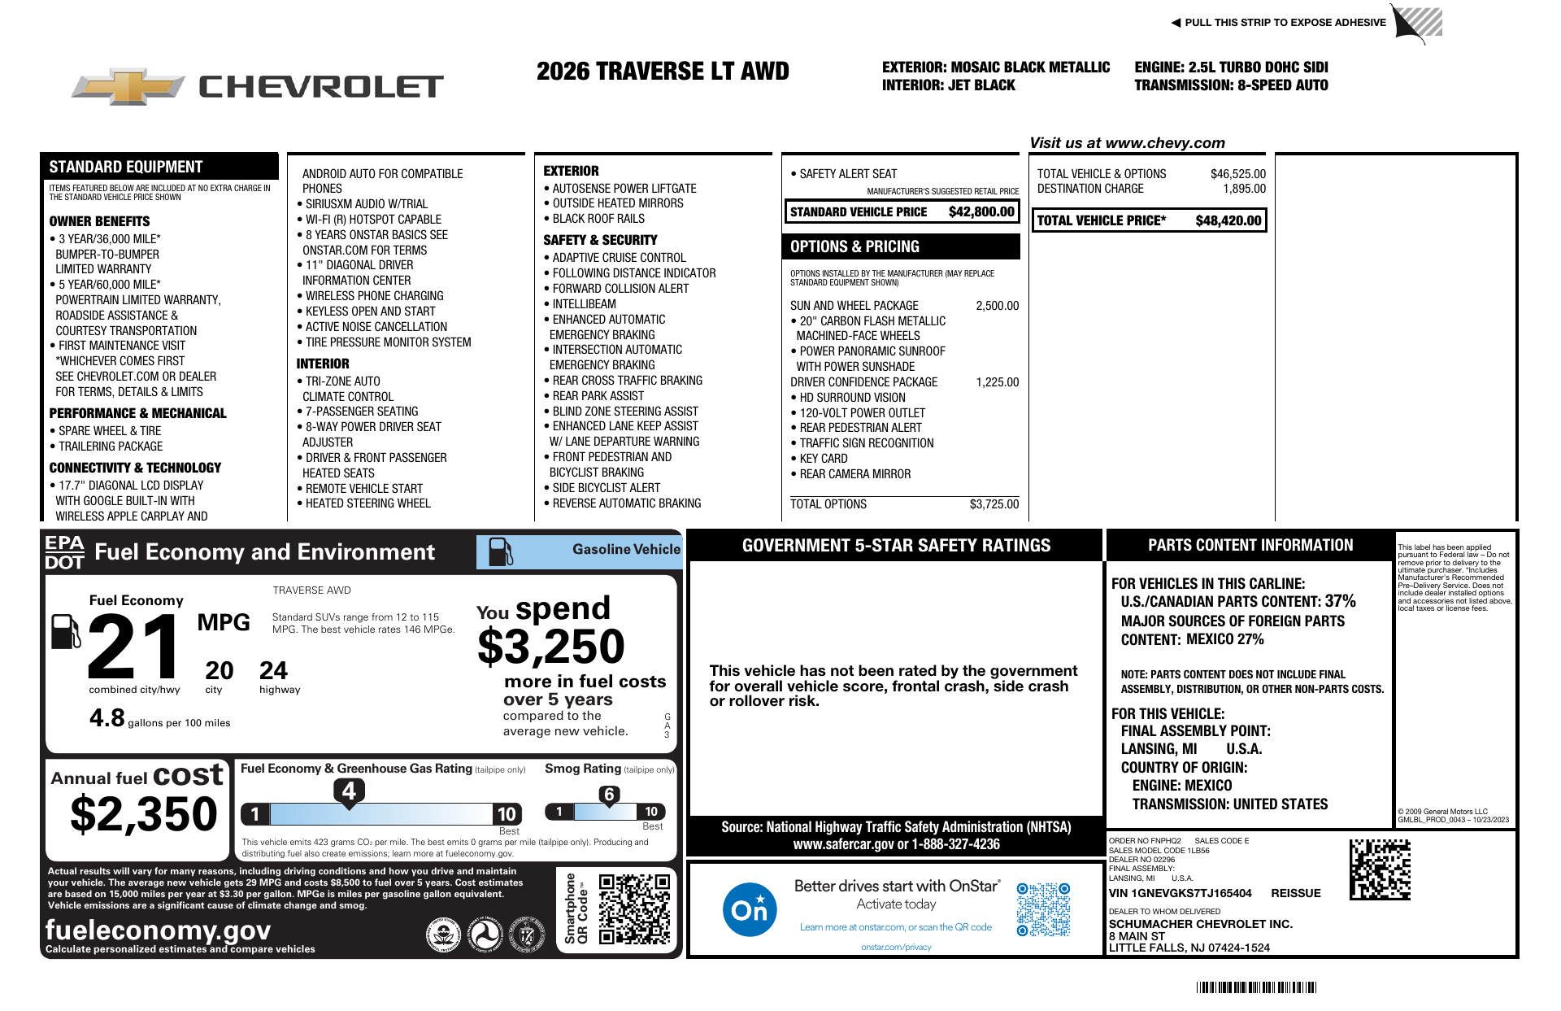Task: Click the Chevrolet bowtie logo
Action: click(x=128, y=86)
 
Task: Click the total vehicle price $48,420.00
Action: click(x=1228, y=220)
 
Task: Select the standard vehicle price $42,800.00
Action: click(x=981, y=212)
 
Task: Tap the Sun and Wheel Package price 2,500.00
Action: click(x=997, y=306)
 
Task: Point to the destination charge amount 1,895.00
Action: click(x=1244, y=189)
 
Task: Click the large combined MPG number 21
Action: click(x=135, y=647)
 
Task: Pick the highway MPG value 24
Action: click(x=273, y=671)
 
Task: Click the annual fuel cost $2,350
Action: click(x=144, y=815)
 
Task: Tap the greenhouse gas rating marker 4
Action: click(x=349, y=791)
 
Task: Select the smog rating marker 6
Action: click(x=609, y=795)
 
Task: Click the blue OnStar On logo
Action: click(x=749, y=909)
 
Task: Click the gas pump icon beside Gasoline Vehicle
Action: click(x=500, y=551)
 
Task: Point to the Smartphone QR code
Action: click(x=634, y=909)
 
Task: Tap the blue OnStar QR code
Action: click(x=1043, y=909)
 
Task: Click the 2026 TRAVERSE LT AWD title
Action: click(x=663, y=72)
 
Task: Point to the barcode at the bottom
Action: click(x=1256, y=987)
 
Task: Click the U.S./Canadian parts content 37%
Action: click(x=1340, y=601)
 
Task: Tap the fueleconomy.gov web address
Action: click(x=159, y=930)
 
